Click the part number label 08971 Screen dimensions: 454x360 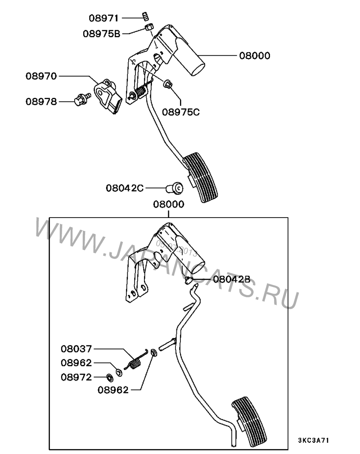(103, 18)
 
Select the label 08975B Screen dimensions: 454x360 (101, 33)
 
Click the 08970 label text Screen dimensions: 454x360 (41, 76)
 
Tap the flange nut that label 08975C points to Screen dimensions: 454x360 (168, 84)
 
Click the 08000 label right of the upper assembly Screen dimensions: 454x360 (254, 56)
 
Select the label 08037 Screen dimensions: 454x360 (76, 349)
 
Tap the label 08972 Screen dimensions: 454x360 (76, 377)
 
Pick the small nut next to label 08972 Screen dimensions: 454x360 (109, 376)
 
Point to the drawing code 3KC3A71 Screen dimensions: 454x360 (316, 439)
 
